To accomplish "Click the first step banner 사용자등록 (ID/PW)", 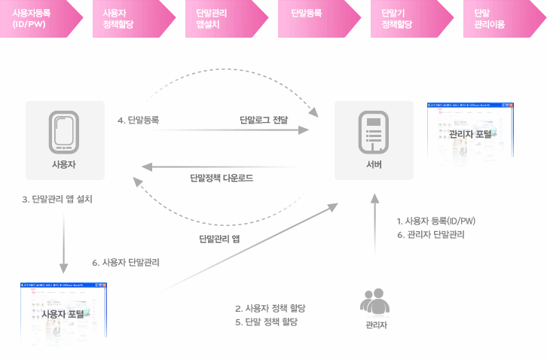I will [39, 19].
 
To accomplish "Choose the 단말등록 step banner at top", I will [316, 19].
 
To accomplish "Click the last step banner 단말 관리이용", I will [498, 19].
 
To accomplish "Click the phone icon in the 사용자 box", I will [63, 133].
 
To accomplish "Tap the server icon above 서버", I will [374, 133].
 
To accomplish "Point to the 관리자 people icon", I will [374, 301].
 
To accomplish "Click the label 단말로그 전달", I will [264, 120].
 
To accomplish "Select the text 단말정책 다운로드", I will [222, 178].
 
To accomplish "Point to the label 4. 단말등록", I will [138, 120].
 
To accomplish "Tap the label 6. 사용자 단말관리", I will [126, 263].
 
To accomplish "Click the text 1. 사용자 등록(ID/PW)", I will [435, 221].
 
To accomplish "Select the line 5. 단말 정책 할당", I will [267, 322].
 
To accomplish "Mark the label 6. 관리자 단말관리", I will [430, 234].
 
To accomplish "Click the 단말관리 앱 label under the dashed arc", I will [219, 239].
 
